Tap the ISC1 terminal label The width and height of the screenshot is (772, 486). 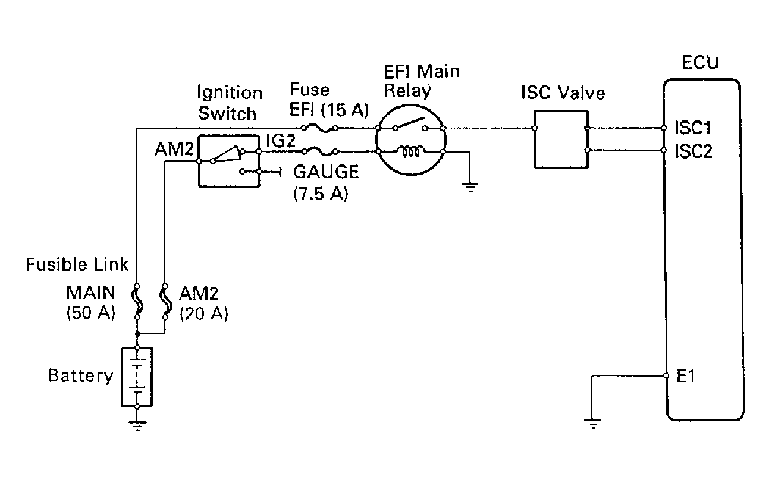point(693,128)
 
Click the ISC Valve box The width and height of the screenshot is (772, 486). point(561,139)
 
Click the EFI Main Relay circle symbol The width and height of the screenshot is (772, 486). point(411,139)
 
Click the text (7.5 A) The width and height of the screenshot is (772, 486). point(320,195)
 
